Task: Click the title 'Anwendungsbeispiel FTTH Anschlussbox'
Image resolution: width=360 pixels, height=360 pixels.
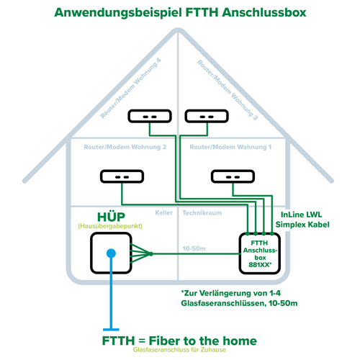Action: click(180, 13)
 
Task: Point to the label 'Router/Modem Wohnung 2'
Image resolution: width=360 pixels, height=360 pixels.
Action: click(115, 146)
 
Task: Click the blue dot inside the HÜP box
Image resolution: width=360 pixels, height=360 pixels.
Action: click(112, 253)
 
